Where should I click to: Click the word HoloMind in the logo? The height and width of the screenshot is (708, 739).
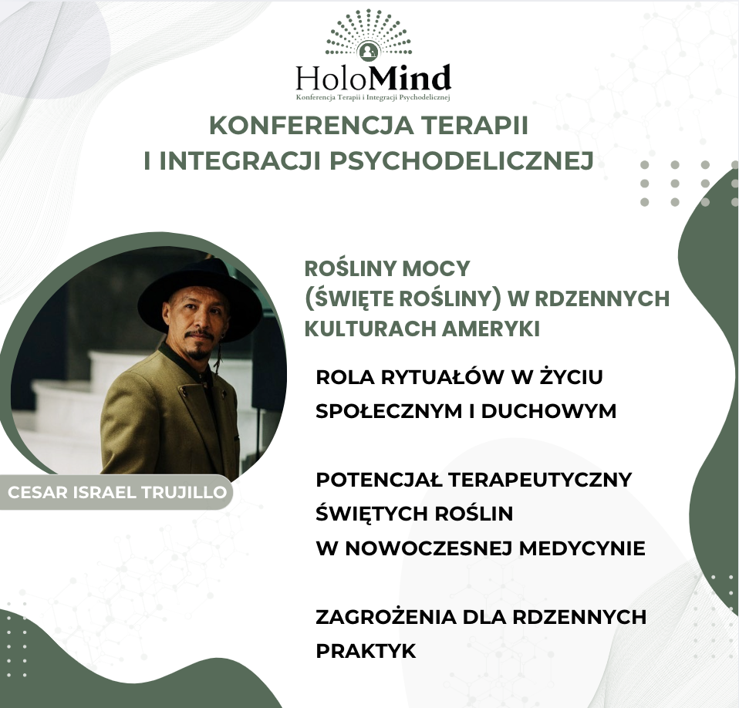pyautogui.click(x=373, y=79)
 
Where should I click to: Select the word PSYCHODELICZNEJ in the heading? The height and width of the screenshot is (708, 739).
pyautogui.click(x=461, y=160)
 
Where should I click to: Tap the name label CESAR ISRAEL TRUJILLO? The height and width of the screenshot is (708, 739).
pyautogui.click(x=117, y=492)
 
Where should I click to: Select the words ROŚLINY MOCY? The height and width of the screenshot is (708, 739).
pyautogui.click(x=387, y=269)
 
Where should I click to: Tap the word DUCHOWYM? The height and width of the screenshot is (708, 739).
pyautogui.click(x=548, y=411)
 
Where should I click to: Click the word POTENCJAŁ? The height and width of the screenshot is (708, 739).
pyautogui.click(x=379, y=480)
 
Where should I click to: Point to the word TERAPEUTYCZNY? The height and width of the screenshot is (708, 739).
pyautogui.click(x=540, y=480)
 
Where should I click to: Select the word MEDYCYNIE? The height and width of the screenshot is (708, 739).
pyautogui.click(x=582, y=548)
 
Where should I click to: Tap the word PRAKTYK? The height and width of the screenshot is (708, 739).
pyautogui.click(x=366, y=651)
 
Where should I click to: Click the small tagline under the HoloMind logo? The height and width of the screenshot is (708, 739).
pyautogui.click(x=373, y=97)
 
